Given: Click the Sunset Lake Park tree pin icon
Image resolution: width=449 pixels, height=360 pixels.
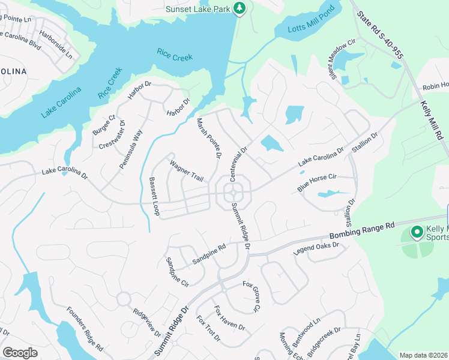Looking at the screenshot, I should [x=240, y=8].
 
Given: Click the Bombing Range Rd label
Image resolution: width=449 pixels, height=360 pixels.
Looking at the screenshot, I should [x=361, y=230].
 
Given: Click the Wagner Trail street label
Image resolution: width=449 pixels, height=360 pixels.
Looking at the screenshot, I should [x=187, y=171].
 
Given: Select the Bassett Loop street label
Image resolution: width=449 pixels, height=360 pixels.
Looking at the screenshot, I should [x=154, y=197].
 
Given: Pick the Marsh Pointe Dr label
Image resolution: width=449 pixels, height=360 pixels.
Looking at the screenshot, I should [x=209, y=138].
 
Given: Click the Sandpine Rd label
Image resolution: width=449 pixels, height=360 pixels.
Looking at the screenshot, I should [x=208, y=254].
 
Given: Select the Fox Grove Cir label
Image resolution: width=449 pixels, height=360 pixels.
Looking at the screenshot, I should [x=252, y=296].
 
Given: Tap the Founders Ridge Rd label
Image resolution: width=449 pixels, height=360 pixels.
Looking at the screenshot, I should [x=85, y=329].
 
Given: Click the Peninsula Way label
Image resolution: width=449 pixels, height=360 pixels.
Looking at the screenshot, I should [x=131, y=148].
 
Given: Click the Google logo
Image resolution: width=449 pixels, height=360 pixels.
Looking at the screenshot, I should [x=20, y=352].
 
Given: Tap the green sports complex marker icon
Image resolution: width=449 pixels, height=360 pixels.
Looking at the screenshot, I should [x=415, y=232].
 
